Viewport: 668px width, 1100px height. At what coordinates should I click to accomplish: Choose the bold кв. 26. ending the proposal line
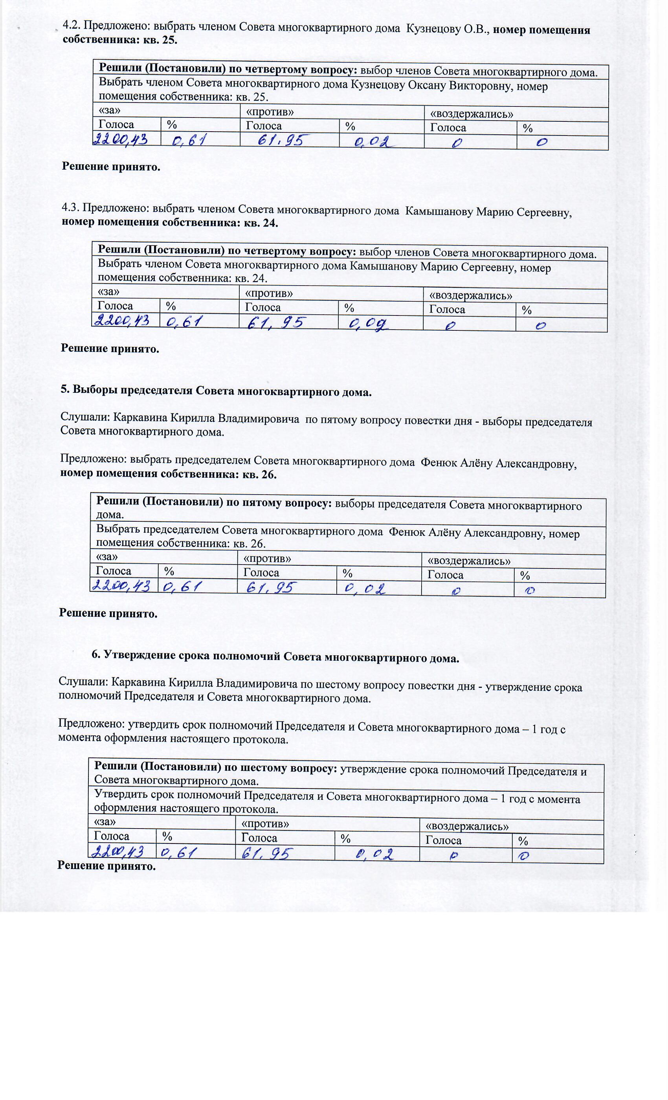pyautogui.click(x=259, y=475)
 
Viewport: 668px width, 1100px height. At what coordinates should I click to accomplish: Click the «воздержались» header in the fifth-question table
pyautogui.click(x=469, y=561)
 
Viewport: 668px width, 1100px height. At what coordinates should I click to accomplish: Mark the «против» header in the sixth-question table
pyautogui.click(x=265, y=823)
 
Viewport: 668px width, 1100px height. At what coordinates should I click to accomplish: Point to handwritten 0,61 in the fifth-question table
pyautogui.click(x=183, y=586)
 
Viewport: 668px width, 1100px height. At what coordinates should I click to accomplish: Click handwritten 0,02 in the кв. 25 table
pyautogui.click(x=373, y=142)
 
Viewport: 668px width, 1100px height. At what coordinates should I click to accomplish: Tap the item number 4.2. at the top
pyautogui.click(x=71, y=26)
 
